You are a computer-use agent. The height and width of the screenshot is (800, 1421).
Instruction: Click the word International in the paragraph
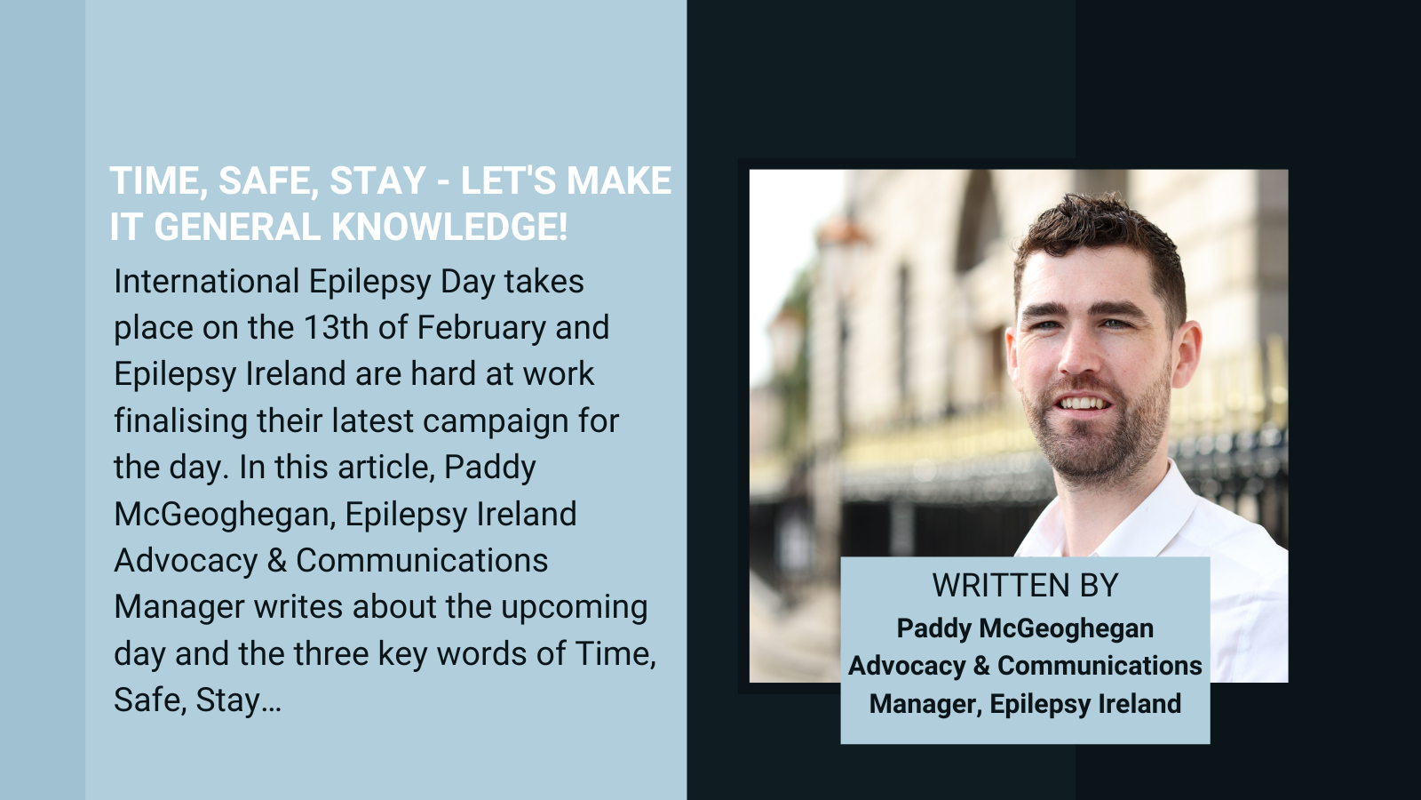(207, 281)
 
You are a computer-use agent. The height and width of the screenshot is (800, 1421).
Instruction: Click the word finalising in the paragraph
(181, 421)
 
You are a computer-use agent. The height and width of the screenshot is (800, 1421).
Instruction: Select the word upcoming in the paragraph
(575, 608)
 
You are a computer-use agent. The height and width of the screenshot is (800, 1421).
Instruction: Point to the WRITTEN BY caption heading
(1025, 586)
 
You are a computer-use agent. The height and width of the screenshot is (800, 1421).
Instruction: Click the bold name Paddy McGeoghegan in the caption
(1025, 629)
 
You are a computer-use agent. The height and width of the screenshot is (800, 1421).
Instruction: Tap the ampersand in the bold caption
(980, 666)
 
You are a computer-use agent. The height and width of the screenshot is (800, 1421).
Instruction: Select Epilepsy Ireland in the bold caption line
(1085, 704)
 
